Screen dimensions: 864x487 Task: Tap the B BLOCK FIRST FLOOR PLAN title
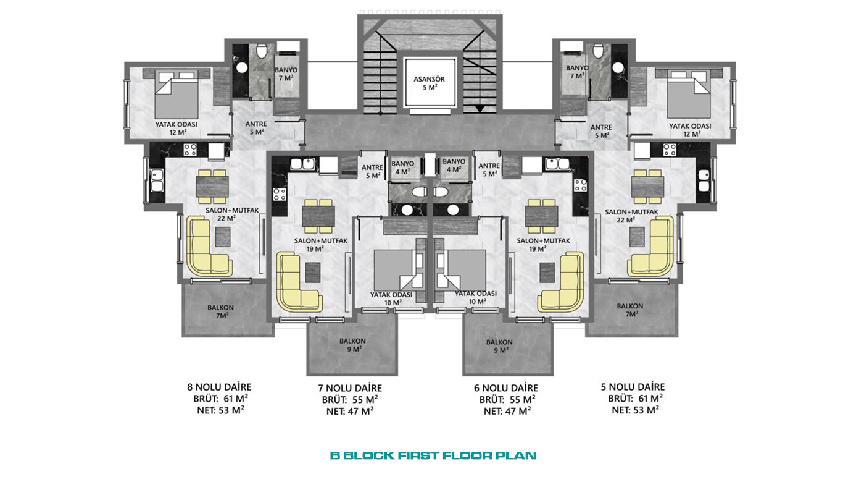pyautogui.click(x=433, y=455)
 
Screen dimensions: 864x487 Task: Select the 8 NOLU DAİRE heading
pyautogui.click(x=219, y=387)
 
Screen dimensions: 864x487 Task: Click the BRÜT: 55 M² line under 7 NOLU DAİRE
pyautogui.click(x=350, y=400)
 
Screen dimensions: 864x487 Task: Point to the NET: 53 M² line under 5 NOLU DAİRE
pyautogui.click(x=635, y=410)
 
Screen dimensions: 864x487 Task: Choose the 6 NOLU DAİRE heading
pyautogui.click(x=506, y=388)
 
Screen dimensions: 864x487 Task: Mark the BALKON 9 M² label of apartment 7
pyautogui.click(x=352, y=345)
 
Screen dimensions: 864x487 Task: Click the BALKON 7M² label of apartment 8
pyautogui.click(x=221, y=311)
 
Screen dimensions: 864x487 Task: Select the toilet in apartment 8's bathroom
pyautogui.click(x=262, y=51)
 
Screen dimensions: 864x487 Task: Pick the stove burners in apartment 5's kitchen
pyautogui.click(x=669, y=150)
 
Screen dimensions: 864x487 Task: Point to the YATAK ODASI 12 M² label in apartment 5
pyautogui.click(x=690, y=130)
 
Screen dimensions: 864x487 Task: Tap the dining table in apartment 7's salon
pyautogui.click(x=318, y=216)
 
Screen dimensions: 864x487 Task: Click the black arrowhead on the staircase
pyautogui.click(x=480, y=109)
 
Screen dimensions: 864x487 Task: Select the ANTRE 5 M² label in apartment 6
pyautogui.click(x=489, y=170)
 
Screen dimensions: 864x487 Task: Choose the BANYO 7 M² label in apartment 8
pyautogui.click(x=286, y=74)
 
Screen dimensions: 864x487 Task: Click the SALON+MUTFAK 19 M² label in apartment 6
pyautogui.click(x=543, y=245)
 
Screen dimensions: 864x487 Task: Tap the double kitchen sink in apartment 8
pyautogui.click(x=157, y=180)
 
